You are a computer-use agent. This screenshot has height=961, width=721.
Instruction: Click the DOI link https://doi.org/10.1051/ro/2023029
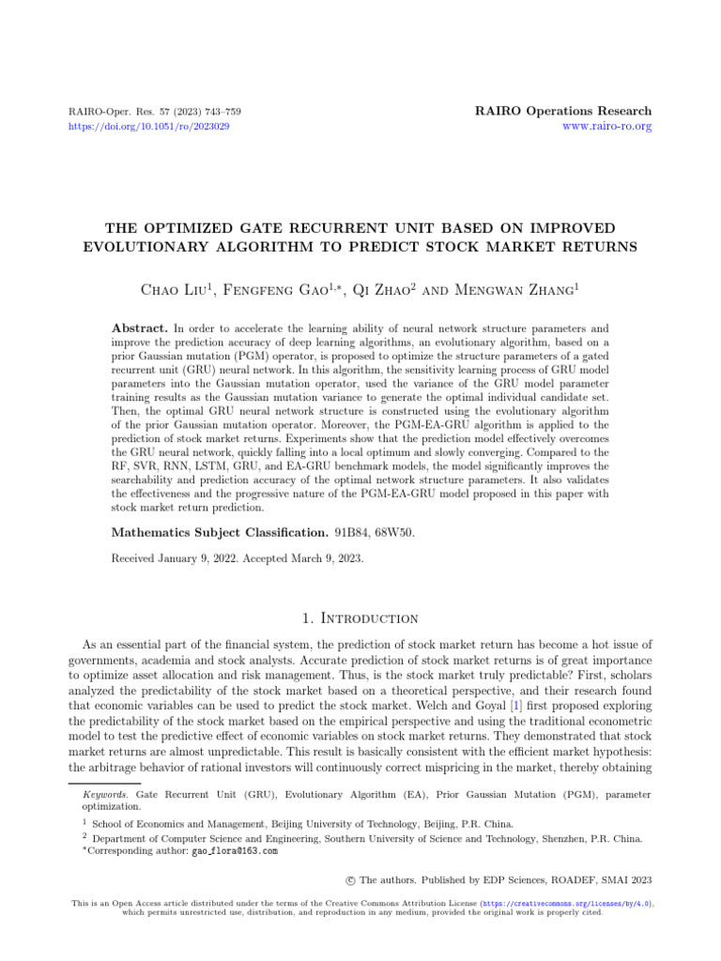(151, 126)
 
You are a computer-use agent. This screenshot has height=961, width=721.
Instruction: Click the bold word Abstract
(141, 329)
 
